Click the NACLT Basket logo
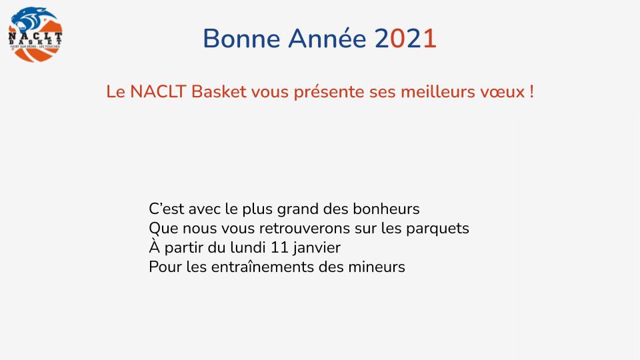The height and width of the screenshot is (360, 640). pyautogui.click(x=35, y=34)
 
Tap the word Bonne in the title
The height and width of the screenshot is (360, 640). pyautogui.click(x=241, y=39)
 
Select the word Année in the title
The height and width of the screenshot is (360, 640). pyautogui.click(x=327, y=38)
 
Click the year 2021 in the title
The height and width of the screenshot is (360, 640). pyautogui.click(x=405, y=39)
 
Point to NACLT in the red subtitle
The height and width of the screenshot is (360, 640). pyautogui.click(x=159, y=91)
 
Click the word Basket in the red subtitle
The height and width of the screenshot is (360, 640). pyautogui.click(x=219, y=91)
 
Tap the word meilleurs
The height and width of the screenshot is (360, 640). pyautogui.click(x=438, y=91)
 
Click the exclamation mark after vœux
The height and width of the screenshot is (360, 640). pyautogui.click(x=531, y=91)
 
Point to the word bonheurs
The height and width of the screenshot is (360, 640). pyautogui.click(x=386, y=209)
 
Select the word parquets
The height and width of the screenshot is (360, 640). pyautogui.click(x=437, y=229)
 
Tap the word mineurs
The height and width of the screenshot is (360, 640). pyautogui.click(x=377, y=267)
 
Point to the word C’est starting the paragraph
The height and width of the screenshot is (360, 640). pyautogui.click(x=166, y=209)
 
